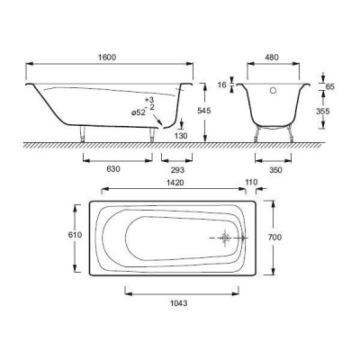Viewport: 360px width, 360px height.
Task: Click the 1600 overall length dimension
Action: [x=107, y=57]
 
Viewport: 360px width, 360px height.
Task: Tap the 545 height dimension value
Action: [x=204, y=111]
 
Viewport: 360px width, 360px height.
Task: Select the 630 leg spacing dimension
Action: [x=113, y=169]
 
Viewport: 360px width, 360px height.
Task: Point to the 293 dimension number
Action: [x=177, y=170]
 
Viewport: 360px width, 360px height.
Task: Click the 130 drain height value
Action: [x=181, y=136]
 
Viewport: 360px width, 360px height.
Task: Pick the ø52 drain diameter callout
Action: [x=139, y=112]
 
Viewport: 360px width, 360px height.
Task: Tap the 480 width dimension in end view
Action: [x=272, y=57]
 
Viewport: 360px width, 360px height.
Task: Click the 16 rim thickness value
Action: [x=222, y=85]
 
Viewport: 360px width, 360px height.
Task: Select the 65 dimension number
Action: [x=330, y=87]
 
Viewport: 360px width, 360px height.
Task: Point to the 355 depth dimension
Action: [x=323, y=112]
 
